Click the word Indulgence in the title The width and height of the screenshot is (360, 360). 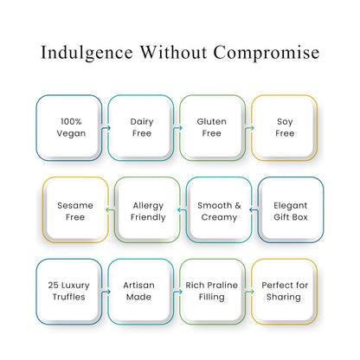[x=87, y=53]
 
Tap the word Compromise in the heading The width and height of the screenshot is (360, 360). [x=267, y=53]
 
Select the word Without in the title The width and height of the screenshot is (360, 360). [x=173, y=52]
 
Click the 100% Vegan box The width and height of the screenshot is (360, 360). [x=69, y=128]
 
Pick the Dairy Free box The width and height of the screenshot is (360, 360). [x=141, y=128]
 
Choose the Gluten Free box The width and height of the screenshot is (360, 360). [x=213, y=128]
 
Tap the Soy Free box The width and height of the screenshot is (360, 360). [x=285, y=128]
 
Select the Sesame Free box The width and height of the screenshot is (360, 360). [x=75, y=209]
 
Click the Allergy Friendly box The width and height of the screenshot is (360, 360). [x=147, y=209]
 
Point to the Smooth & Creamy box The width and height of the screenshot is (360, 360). [x=219, y=209]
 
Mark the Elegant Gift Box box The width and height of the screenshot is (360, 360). [x=291, y=209]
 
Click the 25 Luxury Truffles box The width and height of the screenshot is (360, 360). [x=69, y=292]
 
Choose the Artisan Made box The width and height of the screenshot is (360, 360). [x=141, y=292]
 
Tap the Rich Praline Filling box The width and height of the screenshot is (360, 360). [x=213, y=292]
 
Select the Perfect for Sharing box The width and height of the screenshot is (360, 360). [x=285, y=292]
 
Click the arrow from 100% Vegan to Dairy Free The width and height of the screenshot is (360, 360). [x=106, y=128]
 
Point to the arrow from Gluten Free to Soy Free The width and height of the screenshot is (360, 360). [x=249, y=128]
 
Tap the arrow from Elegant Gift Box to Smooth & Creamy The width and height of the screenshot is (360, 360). [x=254, y=210]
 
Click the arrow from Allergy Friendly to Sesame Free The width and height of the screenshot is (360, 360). [x=111, y=210]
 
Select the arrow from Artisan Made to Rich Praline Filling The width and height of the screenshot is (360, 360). [x=177, y=292]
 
